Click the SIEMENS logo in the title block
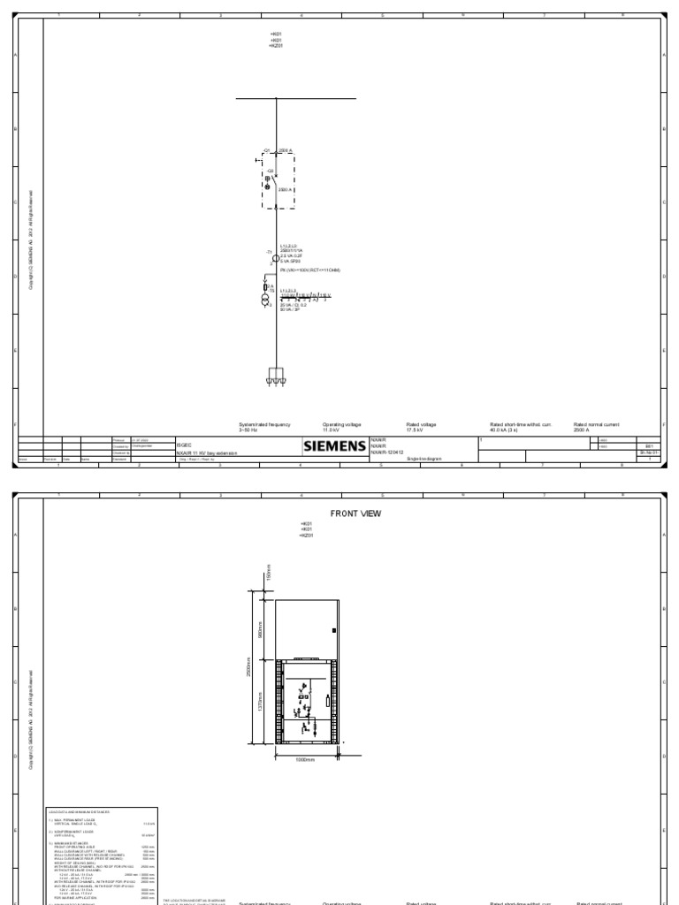335,446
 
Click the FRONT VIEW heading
354,513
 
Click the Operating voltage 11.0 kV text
341,427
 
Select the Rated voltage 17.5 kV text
421,427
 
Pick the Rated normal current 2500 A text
597,427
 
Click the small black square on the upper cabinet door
332,631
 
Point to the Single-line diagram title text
423,459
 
